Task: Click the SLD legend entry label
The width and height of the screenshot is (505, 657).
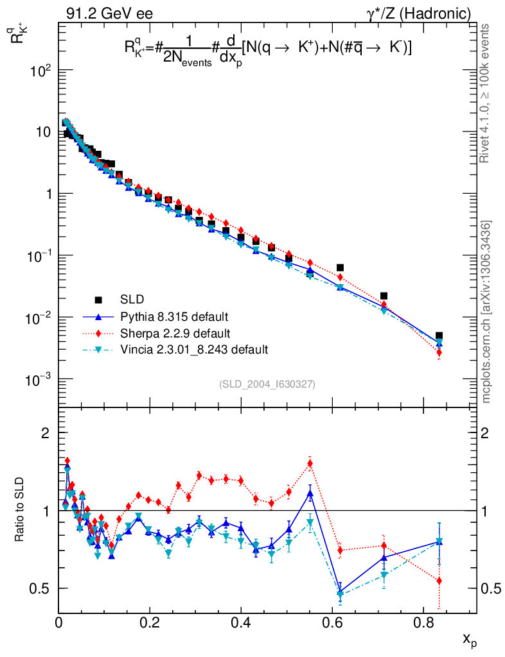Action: point(132,300)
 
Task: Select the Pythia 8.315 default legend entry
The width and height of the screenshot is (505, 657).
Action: point(174,317)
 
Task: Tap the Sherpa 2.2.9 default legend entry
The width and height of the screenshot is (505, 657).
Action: point(175,334)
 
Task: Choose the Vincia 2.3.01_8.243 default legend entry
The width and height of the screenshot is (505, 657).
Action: point(193,350)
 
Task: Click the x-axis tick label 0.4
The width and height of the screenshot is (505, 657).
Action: point(240,622)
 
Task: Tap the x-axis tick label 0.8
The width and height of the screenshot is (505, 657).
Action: point(422,622)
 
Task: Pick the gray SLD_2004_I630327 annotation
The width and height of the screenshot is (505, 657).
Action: point(267,384)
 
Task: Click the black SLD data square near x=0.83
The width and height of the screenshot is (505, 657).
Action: point(439,336)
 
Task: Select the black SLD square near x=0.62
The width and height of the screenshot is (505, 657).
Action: point(340,268)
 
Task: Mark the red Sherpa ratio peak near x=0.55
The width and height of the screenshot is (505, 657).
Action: point(310,463)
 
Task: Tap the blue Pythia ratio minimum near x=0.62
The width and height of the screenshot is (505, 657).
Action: point(340,592)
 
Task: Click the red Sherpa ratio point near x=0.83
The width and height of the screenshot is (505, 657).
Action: point(439,581)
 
